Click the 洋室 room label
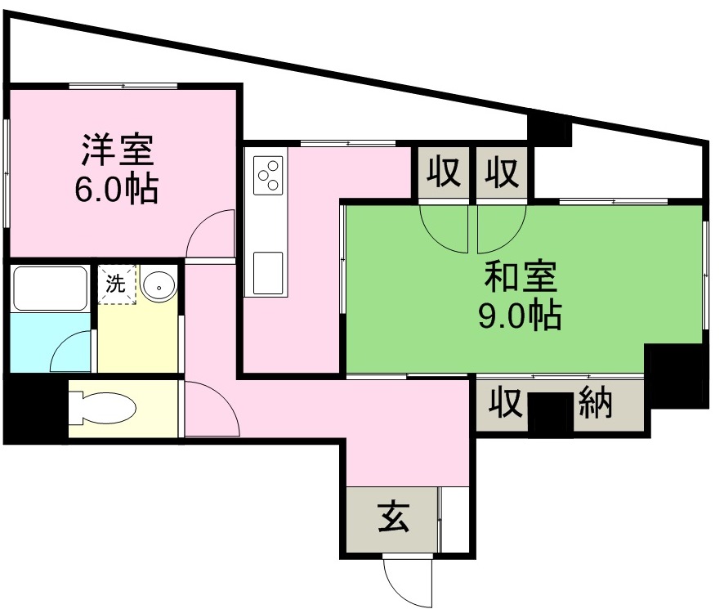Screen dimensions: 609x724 pos(117,152)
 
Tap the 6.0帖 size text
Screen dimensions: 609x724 pos(117,190)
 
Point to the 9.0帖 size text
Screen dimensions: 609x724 pos(520,315)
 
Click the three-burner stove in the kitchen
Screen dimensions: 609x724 pos(268,175)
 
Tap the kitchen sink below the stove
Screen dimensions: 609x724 pos(268,272)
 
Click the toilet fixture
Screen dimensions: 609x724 pos(102,407)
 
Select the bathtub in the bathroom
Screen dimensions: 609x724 pos(50,288)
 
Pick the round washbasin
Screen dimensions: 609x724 pos(157,286)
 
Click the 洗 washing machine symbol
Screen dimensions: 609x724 pos(116,285)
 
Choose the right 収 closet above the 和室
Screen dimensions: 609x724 pos(503,173)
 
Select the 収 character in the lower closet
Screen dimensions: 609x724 pos(506,403)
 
